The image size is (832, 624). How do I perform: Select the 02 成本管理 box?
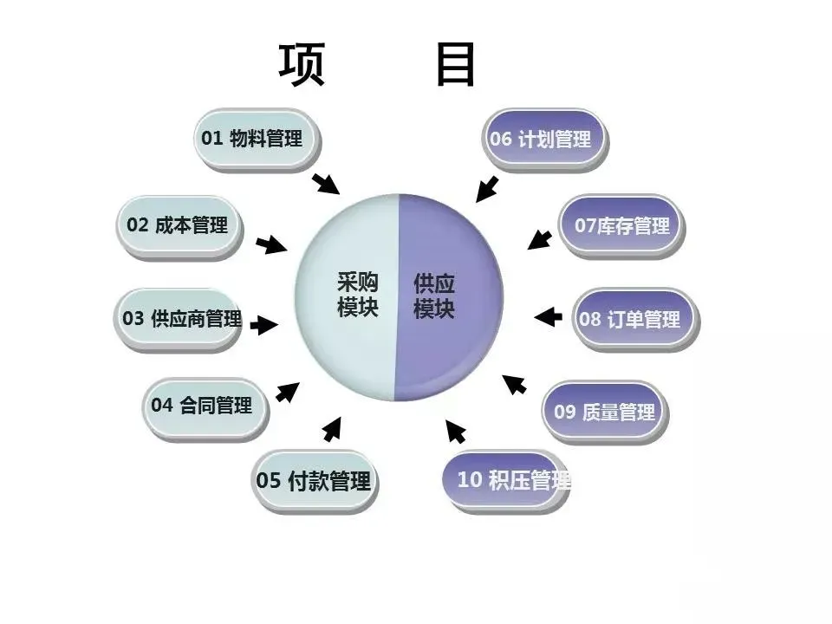point(179,225)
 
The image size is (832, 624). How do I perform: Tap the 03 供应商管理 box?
point(179,318)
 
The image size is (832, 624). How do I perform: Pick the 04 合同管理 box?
point(205,405)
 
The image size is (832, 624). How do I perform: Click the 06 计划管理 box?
point(543,139)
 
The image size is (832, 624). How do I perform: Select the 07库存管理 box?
point(621,226)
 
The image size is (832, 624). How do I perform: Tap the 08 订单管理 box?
point(633,318)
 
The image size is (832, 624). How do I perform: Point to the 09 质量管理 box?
point(605,412)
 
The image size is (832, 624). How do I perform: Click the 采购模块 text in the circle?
point(357,296)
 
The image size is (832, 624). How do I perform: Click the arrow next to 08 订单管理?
point(548,316)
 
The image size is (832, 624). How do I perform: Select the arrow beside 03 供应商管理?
point(263,325)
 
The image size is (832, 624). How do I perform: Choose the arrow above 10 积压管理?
point(456,431)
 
